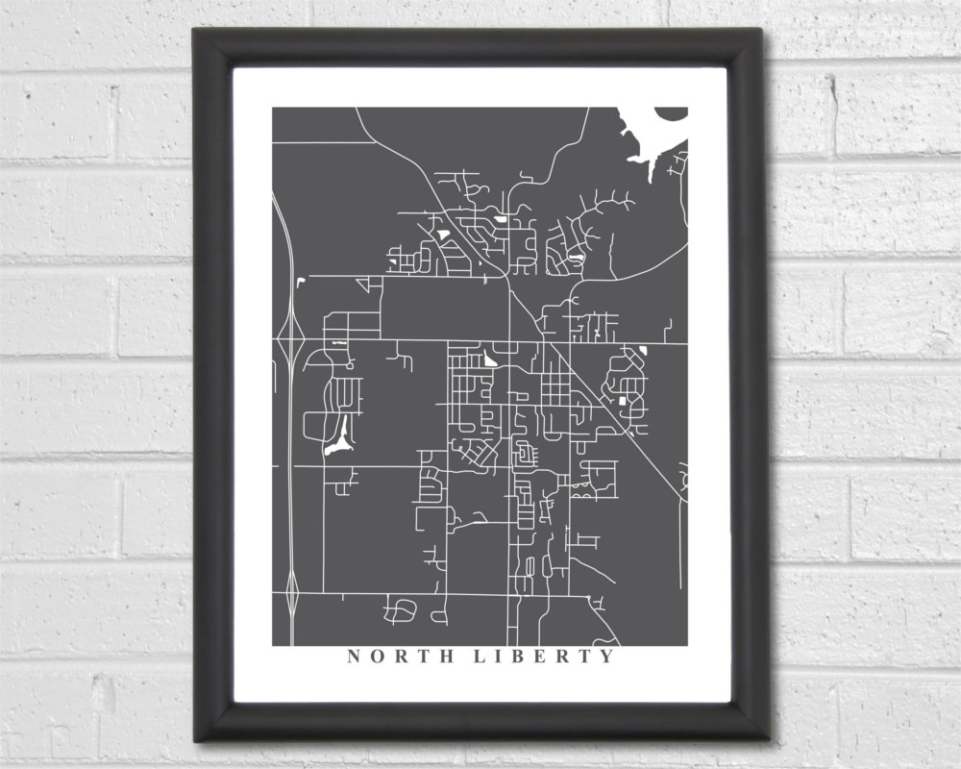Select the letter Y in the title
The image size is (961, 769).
point(606,657)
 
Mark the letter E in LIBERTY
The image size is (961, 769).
point(542,657)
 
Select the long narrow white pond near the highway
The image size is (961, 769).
point(338,438)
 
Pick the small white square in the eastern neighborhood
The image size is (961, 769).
point(622,399)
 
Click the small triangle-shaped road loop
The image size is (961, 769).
point(364,284)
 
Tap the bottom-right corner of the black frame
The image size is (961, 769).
point(769,738)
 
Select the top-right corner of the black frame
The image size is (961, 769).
point(762,29)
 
